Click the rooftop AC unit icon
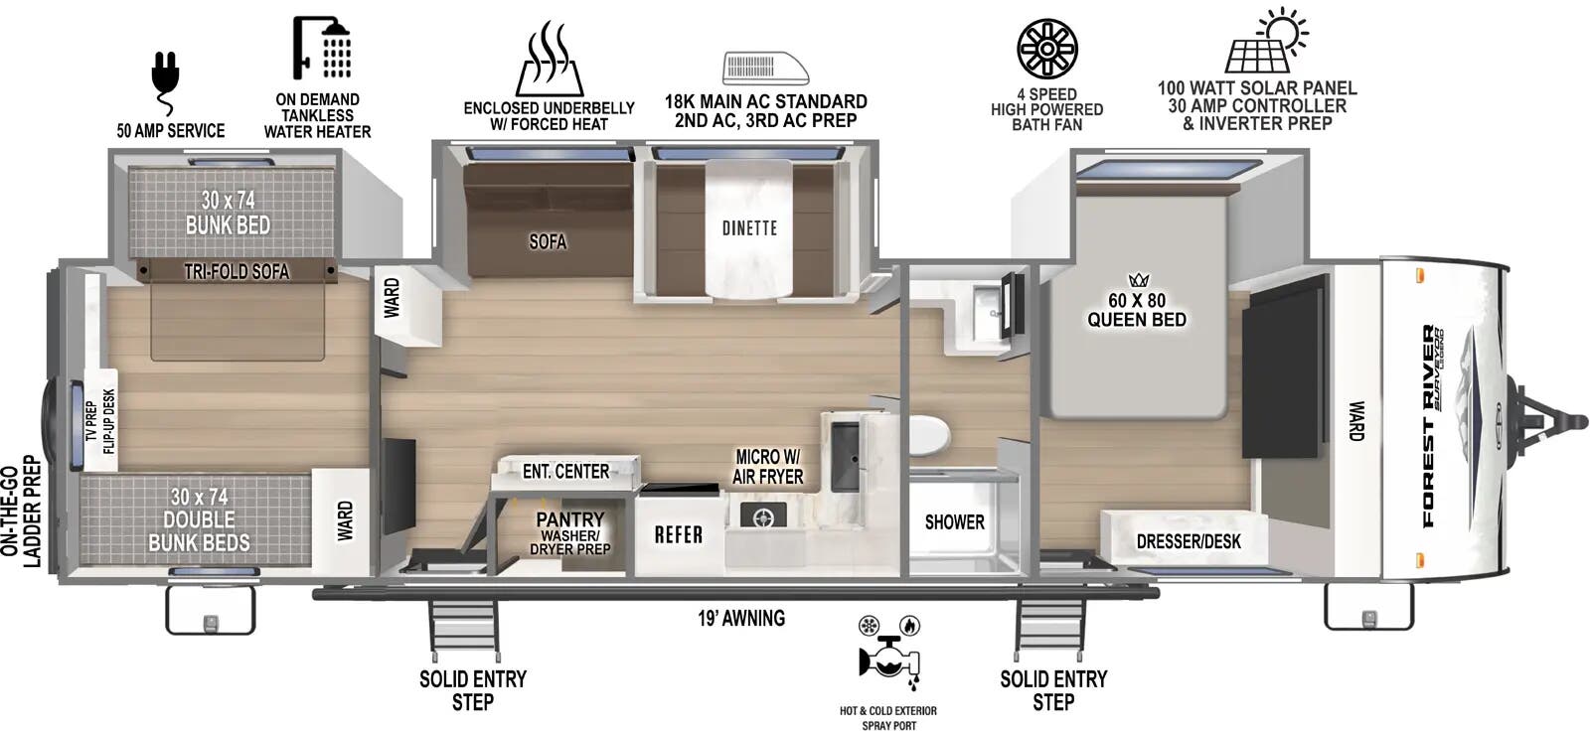[x=765, y=68]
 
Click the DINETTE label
[x=749, y=228]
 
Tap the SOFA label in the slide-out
[x=548, y=241]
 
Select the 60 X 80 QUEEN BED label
[x=1137, y=310]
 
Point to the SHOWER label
[x=954, y=522]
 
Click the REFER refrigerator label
[x=679, y=534]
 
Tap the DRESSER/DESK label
[x=1189, y=541]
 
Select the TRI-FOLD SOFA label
[x=237, y=271]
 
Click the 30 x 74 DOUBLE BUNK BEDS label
[x=199, y=519]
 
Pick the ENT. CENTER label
[x=565, y=471]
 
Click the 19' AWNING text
[x=741, y=619]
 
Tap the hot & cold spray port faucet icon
[x=887, y=660]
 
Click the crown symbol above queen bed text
[x=1138, y=280]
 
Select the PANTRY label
[x=569, y=519]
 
